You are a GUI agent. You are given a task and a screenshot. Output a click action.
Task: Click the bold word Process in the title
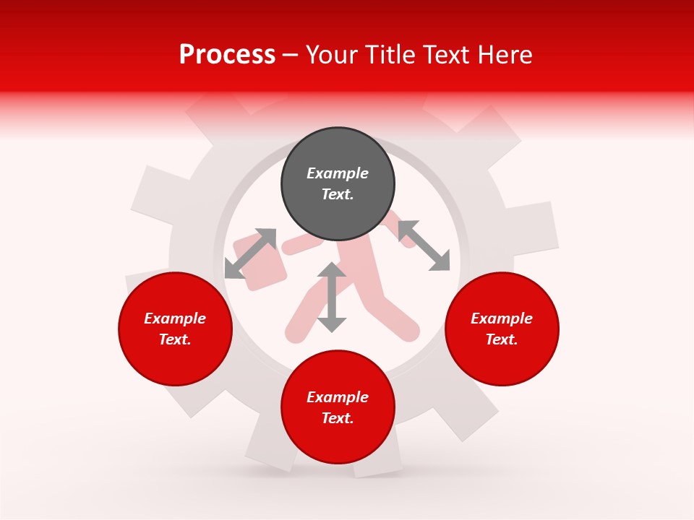[227, 55]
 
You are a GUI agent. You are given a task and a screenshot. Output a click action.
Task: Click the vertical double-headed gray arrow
[332, 297]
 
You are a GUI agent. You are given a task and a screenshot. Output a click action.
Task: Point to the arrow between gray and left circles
[250, 253]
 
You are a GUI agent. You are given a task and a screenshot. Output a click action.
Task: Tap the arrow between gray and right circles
[424, 246]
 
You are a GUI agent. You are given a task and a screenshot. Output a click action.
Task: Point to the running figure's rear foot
[296, 332]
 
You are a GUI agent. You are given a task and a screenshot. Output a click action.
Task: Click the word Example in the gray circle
[338, 173]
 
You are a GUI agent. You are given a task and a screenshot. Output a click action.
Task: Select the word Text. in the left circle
[175, 339]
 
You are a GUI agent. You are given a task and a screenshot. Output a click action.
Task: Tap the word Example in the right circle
[502, 318]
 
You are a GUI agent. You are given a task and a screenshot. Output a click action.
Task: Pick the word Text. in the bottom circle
[338, 418]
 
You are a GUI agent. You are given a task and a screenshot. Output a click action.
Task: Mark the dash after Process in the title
[291, 55]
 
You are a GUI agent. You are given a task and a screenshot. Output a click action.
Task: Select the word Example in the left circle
[175, 318]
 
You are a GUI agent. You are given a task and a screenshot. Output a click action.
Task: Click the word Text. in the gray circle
[338, 194]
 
